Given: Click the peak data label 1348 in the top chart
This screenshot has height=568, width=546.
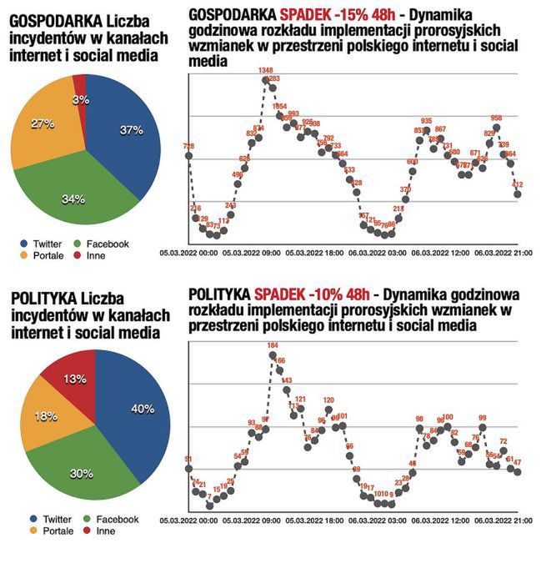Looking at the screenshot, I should point(266,70).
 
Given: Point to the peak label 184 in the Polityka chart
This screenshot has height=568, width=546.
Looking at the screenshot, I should point(272,345).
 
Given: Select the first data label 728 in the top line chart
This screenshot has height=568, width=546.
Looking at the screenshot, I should point(188,146).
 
